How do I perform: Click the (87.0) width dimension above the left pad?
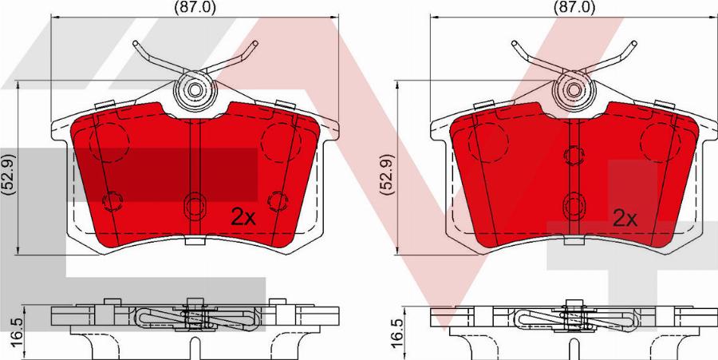click(195, 7)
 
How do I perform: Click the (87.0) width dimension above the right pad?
click(574, 7)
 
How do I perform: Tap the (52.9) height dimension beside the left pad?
click(9, 175)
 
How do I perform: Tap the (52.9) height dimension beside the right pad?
click(389, 175)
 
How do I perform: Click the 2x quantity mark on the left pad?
click(243, 217)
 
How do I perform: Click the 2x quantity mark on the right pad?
click(625, 219)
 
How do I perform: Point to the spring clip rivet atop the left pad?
click(195, 90)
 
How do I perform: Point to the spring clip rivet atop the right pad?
click(574, 90)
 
